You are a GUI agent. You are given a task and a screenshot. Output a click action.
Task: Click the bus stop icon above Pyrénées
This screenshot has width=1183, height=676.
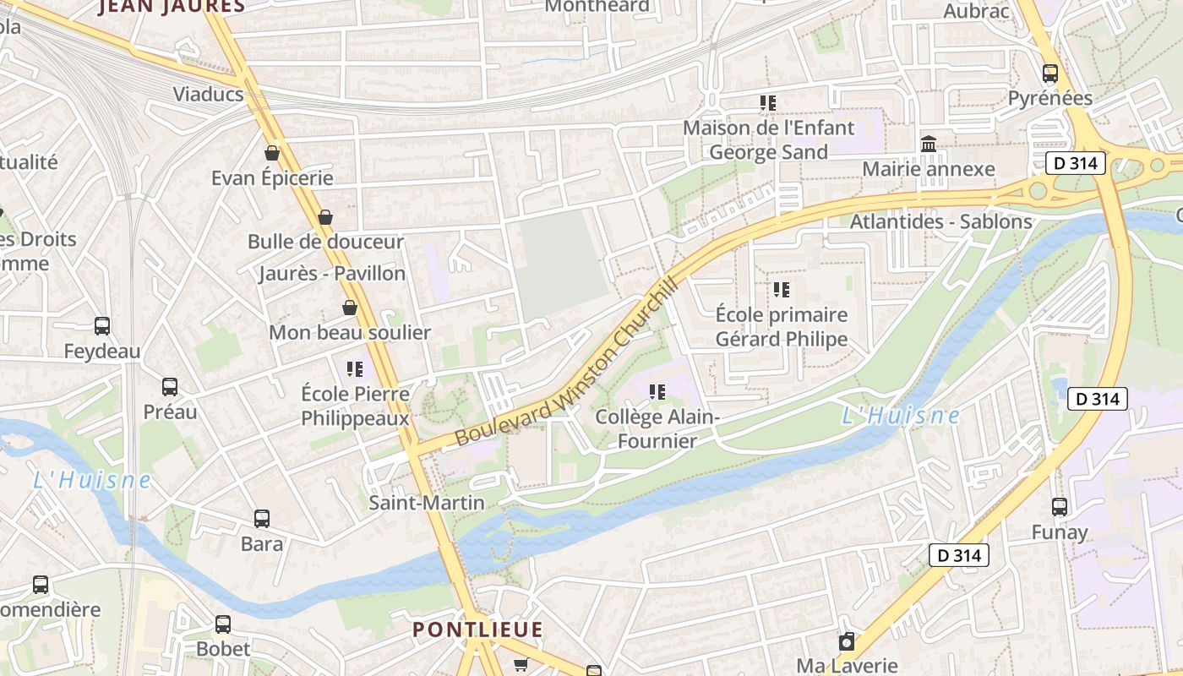click(1050, 74)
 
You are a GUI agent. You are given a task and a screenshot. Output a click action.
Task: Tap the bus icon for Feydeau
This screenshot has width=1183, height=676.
click(102, 326)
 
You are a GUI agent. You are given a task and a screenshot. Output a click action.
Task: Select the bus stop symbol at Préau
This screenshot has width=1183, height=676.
click(170, 387)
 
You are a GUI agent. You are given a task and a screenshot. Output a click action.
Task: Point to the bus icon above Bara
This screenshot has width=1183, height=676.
click(262, 519)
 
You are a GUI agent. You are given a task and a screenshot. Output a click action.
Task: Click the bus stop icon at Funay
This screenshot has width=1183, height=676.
click(1060, 507)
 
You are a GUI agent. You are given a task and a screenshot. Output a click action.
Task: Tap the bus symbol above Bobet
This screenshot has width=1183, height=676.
click(223, 624)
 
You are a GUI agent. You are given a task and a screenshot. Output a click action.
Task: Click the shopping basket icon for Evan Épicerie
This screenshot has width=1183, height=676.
click(272, 153)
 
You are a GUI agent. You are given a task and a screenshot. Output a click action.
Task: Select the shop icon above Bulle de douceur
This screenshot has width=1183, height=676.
click(325, 217)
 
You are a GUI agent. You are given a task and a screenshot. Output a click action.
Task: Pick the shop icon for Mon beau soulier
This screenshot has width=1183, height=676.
click(350, 308)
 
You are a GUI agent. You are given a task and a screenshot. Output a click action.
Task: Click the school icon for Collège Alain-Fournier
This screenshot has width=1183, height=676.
click(657, 392)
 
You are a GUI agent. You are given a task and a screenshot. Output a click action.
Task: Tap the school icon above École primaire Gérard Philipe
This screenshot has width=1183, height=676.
click(782, 290)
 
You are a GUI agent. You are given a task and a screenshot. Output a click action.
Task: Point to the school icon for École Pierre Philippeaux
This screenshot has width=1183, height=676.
click(355, 369)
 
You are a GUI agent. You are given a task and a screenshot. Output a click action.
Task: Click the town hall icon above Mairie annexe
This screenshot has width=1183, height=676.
click(929, 144)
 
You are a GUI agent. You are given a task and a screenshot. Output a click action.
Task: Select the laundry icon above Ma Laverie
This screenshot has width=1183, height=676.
click(847, 641)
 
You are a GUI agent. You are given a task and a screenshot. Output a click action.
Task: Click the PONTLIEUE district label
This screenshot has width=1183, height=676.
click(477, 630)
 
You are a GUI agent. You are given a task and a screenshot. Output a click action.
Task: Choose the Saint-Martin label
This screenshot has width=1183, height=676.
click(427, 503)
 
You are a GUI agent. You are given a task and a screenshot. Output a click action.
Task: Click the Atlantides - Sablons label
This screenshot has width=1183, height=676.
click(940, 221)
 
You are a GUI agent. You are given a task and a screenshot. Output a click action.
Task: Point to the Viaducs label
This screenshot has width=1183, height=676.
click(208, 94)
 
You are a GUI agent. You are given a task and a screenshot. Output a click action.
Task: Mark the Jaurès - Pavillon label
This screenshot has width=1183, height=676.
click(332, 274)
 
